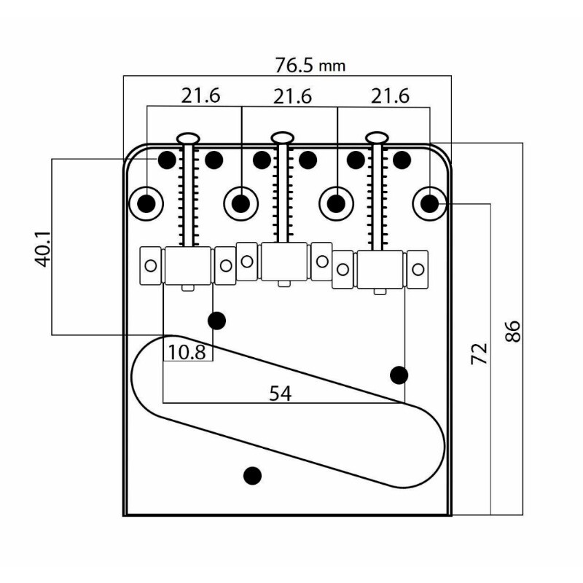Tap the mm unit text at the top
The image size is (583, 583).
332,66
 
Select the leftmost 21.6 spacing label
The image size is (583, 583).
201,96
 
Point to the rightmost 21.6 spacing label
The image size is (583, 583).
390,96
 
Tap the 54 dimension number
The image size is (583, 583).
280,394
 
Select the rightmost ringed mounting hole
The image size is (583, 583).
430,203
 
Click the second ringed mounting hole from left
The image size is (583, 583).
241,203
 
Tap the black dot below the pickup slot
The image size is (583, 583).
252,475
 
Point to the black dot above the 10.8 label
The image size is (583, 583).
216,320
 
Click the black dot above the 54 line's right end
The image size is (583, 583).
399,375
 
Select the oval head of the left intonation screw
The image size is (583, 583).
189,136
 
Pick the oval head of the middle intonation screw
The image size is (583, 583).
283,136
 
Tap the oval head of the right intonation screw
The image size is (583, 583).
376,136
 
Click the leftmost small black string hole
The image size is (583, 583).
166,158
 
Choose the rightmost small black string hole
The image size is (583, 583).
401,158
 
